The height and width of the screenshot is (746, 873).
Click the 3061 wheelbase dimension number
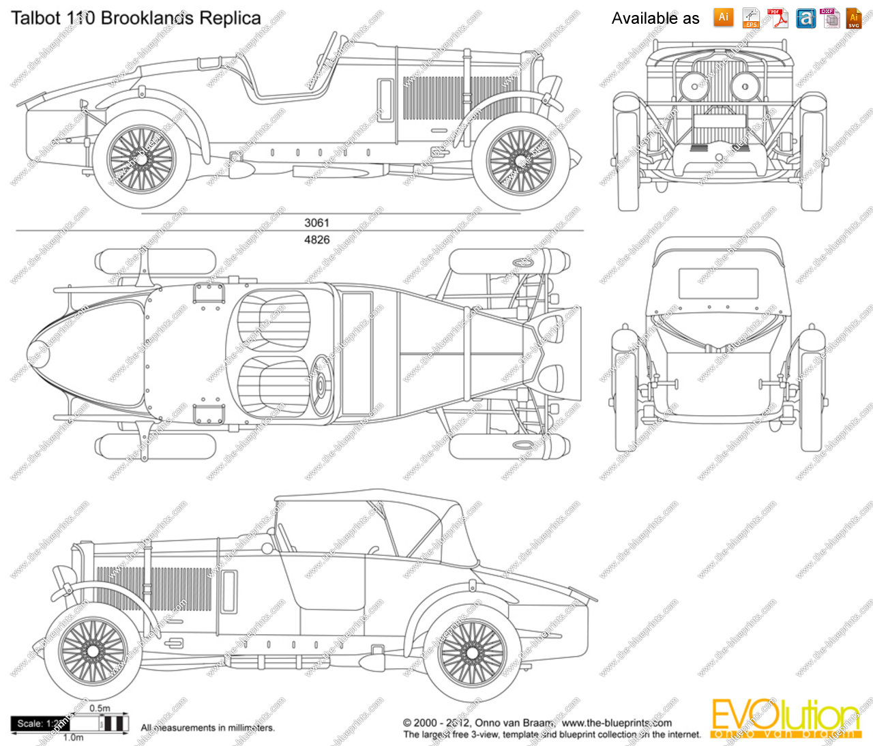[x=316, y=222]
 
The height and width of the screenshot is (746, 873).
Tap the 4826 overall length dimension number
[x=316, y=239]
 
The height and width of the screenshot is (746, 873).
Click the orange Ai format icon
[x=724, y=17]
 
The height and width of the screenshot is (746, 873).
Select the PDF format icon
[x=778, y=18]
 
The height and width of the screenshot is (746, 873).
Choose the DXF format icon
[x=829, y=18]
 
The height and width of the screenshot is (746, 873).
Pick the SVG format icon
[x=854, y=18]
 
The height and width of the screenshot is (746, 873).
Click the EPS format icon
[x=751, y=18]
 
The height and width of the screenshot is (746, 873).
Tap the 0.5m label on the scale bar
[x=100, y=708]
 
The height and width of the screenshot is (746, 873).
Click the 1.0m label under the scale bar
[x=73, y=737]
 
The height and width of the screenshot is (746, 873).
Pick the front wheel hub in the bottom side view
[x=93, y=652]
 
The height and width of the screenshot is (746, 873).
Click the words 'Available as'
[x=655, y=18]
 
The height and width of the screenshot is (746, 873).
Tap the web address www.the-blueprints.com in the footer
[x=617, y=723]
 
